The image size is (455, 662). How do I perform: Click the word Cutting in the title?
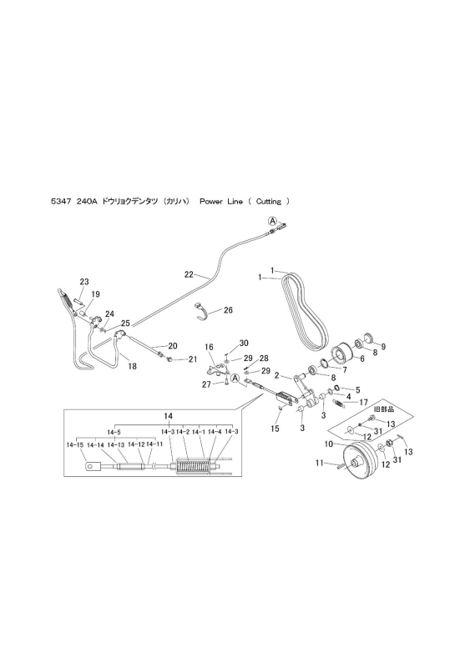tap(269, 202)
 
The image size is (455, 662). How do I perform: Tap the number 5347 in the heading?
tap(60, 202)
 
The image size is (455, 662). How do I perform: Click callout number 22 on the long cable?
tap(189, 274)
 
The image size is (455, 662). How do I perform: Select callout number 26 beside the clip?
tap(228, 310)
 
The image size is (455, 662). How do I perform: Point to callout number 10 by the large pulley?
tap(329, 444)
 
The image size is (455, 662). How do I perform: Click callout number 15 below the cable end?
tap(275, 429)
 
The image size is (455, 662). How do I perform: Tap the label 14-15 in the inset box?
tap(74, 444)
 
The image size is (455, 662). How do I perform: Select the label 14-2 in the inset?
tap(183, 432)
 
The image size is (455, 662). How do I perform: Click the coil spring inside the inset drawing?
tap(193, 468)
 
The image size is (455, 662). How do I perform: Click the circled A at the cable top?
tap(273, 220)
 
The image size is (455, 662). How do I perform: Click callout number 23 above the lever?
tap(84, 282)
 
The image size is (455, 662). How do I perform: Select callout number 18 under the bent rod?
tap(133, 366)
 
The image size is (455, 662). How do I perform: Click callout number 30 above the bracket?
tap(244, 344)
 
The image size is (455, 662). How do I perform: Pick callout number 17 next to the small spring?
tap(364, 403)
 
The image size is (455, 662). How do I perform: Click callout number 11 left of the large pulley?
tap(319, 463)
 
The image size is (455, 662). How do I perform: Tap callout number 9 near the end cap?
tap(383, 347)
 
